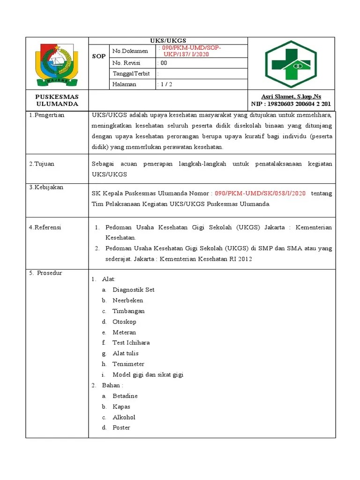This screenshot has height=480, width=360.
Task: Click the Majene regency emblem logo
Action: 57,63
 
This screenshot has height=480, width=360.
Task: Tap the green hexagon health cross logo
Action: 291,64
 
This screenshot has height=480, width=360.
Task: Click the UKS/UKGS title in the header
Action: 168,41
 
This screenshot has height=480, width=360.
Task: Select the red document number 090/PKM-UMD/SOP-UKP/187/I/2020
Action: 189,51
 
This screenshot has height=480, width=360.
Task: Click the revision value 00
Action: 163,63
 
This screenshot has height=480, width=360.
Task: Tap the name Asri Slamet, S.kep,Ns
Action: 291,97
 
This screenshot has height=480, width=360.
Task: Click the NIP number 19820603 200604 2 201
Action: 291,104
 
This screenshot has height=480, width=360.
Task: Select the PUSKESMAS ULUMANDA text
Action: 57,100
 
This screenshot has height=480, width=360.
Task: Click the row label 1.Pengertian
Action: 47,115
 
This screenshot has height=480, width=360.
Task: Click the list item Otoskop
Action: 124,322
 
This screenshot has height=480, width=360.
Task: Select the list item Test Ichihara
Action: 131,343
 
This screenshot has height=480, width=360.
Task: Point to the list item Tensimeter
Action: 128,364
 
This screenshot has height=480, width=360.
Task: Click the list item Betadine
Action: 125,396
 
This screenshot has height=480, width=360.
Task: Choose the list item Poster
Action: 121,427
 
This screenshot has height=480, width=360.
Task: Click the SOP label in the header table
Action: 99,56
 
